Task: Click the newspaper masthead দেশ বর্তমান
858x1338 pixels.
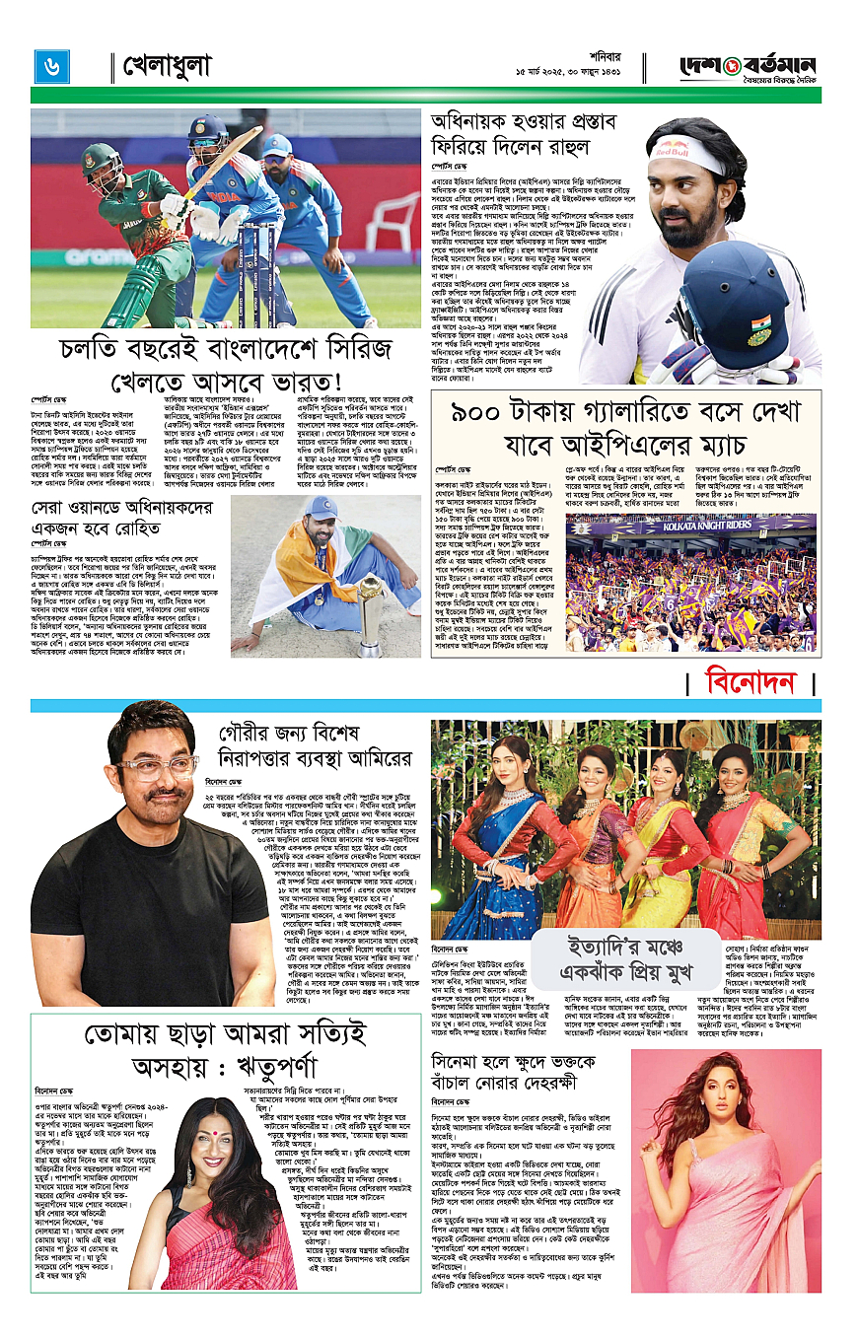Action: [751, 65]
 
